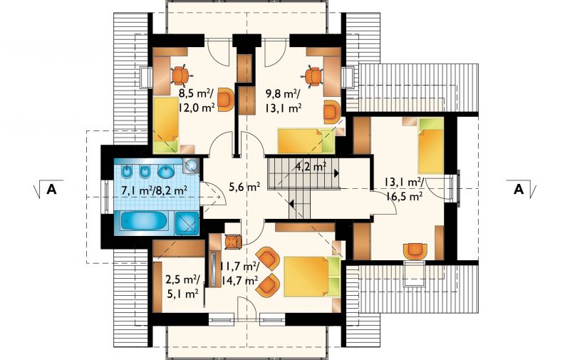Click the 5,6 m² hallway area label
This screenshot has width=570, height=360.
click(244, 187)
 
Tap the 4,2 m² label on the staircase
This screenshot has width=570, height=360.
click(311, 167)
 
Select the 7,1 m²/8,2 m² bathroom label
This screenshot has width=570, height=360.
click(155, 190)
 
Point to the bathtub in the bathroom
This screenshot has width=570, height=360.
click(144, 221)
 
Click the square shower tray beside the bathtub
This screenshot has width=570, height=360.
click(187, 223)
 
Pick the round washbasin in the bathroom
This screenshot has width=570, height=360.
click(167, 171)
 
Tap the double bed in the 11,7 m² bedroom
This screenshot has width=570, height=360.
click(312, 277)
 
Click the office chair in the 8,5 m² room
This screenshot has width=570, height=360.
click(181, 75)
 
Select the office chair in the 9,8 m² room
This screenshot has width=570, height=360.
click(313, 76)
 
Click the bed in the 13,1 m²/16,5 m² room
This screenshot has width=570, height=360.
click(431, 146)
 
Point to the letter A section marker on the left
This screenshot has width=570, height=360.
click(51, 189)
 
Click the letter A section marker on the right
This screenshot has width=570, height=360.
click(519, 189)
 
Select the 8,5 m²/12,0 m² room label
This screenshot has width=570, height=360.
click(197, 101)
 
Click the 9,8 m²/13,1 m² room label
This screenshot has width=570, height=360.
click(284, 101)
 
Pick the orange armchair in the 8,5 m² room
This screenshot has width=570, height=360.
click(226, 100)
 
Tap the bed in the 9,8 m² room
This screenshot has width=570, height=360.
click(306, 140)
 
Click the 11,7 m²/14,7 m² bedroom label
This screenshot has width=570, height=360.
click(240, 274)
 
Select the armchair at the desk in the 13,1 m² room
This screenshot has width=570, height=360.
click(415, 251)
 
